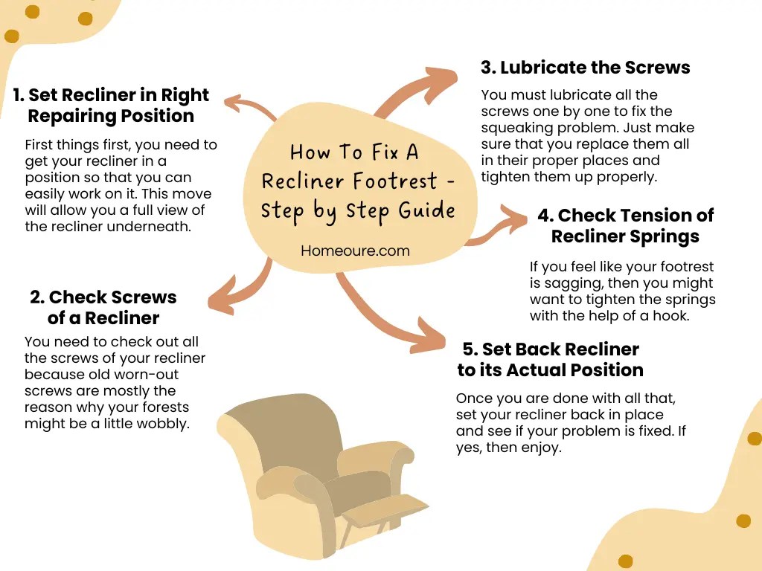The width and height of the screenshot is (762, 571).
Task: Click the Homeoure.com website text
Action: pos(355,251)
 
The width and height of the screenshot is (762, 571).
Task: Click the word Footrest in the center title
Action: pos(409,181)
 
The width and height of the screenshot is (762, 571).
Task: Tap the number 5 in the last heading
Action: pos(468,349)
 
